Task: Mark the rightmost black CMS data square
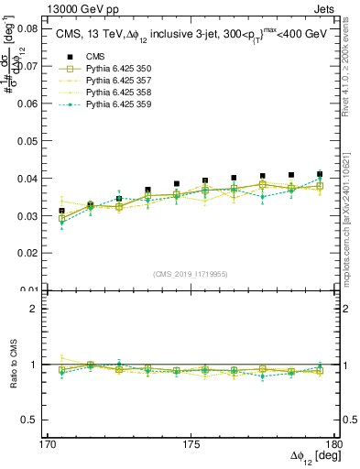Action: [320, 174]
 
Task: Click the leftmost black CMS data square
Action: [61, 212]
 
